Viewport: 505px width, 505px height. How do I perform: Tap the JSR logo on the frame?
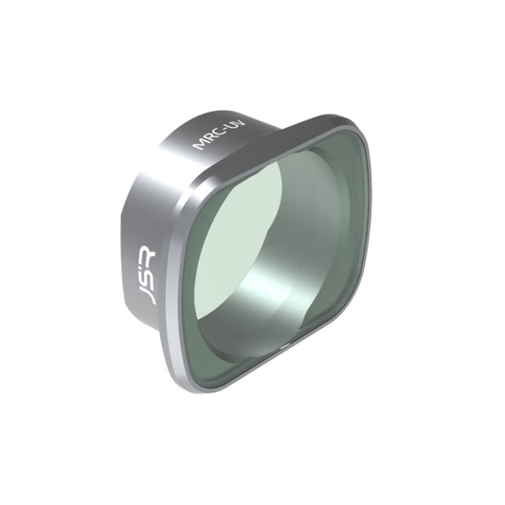tap(146, 275)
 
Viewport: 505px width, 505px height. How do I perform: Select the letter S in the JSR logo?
tap(145, 275)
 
